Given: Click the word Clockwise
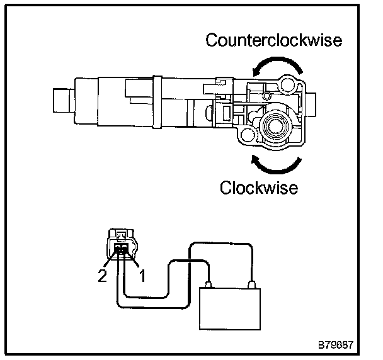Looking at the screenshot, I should pos(258,188).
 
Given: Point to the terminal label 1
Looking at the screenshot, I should pos(143,276).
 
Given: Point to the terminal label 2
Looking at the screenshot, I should pos(101,276).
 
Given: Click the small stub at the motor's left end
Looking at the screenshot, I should pos(60,101).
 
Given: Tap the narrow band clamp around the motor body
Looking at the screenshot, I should pos(158,103).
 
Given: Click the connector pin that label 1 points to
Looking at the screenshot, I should pos(127,252).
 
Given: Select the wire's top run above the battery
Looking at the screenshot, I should pos(220,244).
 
